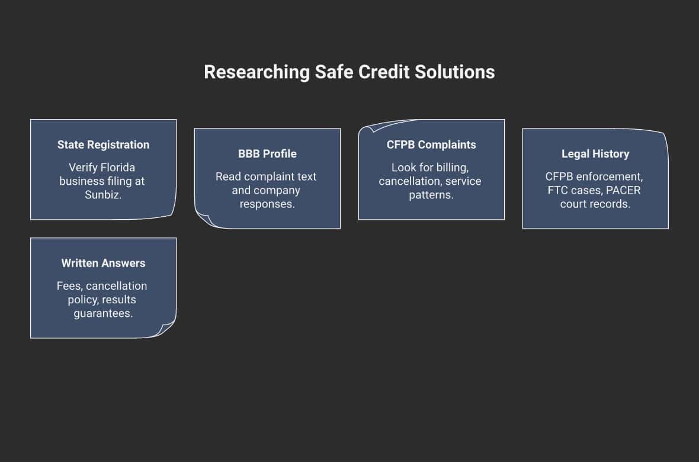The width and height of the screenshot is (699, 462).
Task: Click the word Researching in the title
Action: pos(256,72)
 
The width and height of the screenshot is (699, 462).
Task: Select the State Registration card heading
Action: pos(104,145)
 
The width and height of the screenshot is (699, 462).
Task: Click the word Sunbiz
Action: pos(103,195)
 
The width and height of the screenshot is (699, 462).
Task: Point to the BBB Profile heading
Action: pos(268,154)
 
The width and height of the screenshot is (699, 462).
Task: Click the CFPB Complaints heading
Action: pos(431,145)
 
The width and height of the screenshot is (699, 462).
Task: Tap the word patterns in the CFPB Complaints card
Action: pos(431,195)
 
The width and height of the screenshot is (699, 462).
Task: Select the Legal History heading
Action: pos(595,154)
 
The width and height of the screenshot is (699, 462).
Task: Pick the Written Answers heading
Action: pos(104,263)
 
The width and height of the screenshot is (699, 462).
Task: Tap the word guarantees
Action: pos(103,313)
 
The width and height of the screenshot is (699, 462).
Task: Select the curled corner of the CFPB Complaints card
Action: pos(367,129)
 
